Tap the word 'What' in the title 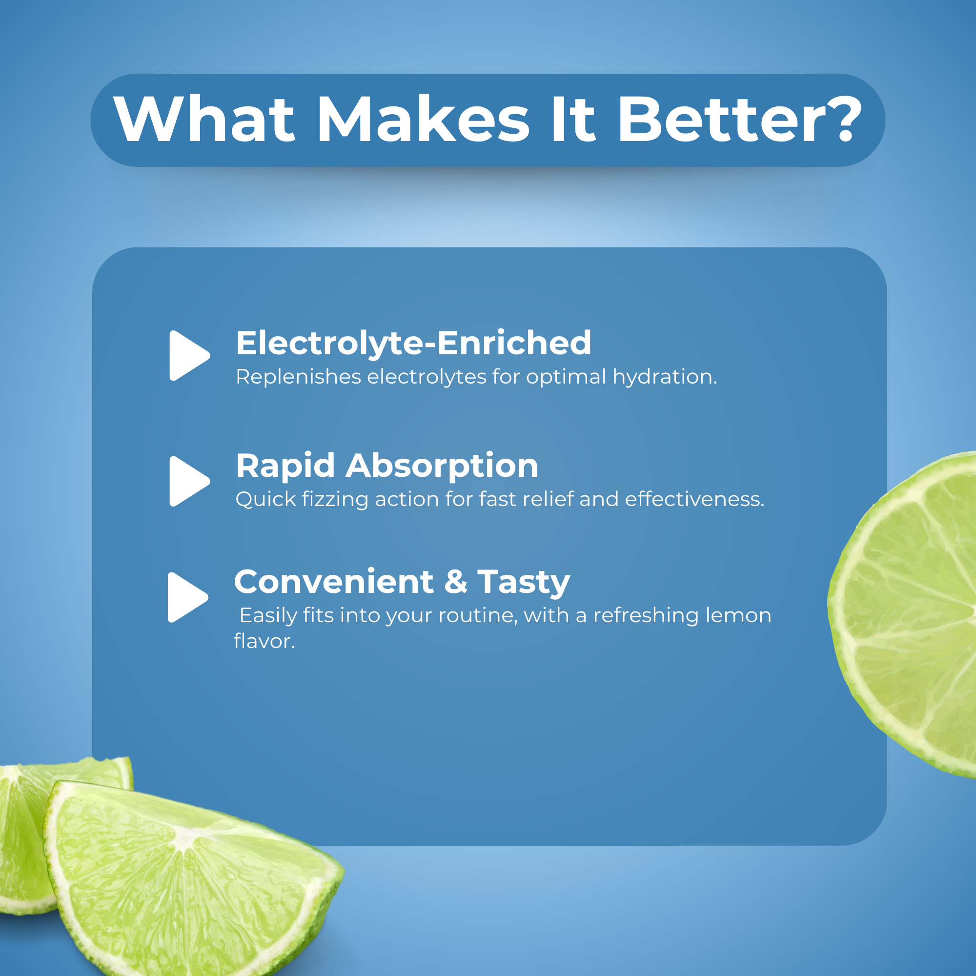(203, 119)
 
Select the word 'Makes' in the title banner (423, 119)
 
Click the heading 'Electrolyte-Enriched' (413, 344)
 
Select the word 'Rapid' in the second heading (285, 466)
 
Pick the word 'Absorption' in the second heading (442, 466)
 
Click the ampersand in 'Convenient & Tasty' (456, 582)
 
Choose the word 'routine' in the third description (478, 616)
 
